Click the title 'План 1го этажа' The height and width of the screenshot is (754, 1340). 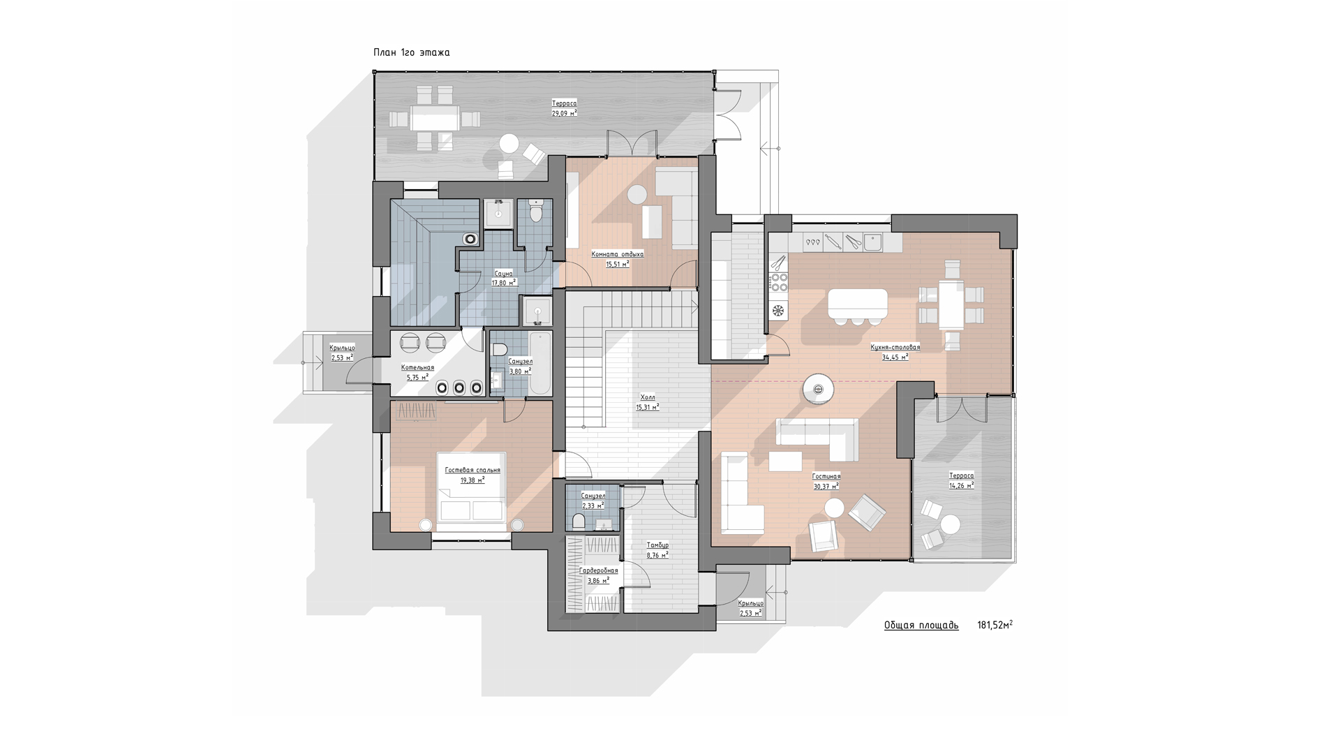(411, 52)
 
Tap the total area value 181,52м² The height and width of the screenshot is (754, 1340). (995, 625)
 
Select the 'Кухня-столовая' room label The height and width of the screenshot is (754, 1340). (895, 347)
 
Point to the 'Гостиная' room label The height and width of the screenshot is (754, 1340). (826, 476)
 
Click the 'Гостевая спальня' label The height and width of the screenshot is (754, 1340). (472, 471)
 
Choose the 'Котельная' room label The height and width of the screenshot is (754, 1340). (417, 368)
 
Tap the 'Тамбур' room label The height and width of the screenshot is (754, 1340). (657, 545)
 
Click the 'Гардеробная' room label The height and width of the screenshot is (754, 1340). (599, 570)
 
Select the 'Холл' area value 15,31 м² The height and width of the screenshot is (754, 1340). (647, 407)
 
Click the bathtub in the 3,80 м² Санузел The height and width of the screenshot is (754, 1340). (541, 363)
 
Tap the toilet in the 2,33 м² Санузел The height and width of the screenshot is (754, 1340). (578, 521)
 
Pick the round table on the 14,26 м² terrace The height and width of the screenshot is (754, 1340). (950, 524)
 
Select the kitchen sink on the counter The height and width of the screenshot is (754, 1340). (872, 242)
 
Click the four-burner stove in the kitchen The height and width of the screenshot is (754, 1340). (778, 281)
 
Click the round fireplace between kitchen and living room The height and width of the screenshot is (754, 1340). (817, 389)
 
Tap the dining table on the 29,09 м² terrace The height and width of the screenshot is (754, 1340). (435, 118)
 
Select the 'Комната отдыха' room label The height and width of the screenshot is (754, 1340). (617, 254)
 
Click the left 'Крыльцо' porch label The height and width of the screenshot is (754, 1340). (342, 348)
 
